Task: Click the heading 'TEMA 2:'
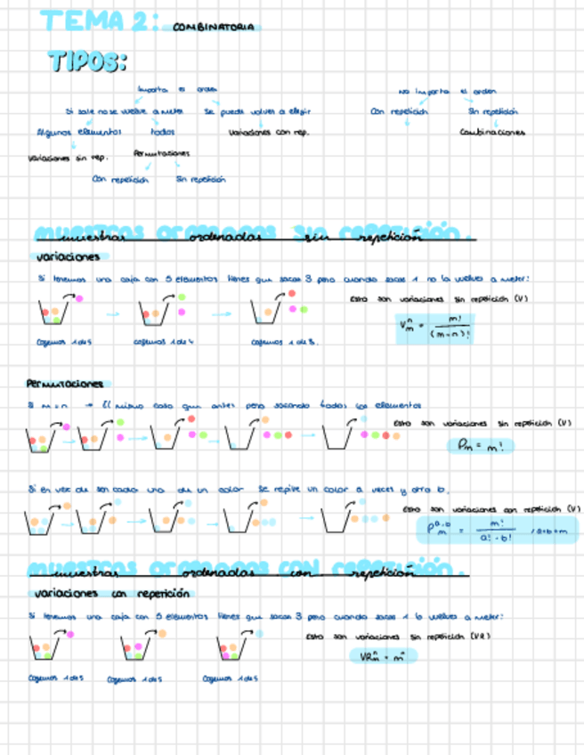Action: [94, 21]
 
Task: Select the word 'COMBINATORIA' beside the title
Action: [213, 28]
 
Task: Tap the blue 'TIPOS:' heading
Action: [87, 61]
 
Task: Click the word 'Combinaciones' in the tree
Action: [492, 133]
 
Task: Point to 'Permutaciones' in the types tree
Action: [161, 153]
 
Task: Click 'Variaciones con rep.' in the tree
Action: [268, 133]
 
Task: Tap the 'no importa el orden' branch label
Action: [447, 91]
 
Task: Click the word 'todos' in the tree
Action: [163, 132]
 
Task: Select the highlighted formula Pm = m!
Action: [480, 444]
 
